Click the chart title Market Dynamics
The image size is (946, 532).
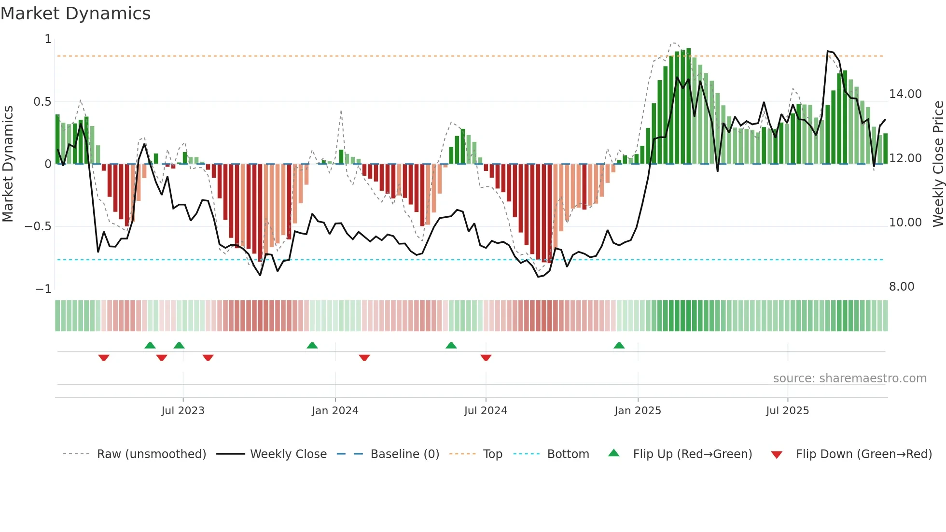click(75, 14)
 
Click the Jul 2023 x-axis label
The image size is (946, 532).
click(183, 411)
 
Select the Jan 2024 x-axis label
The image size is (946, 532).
click(335, 411)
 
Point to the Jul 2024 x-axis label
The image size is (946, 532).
click(486, 411)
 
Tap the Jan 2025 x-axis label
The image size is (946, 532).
click(638, 411)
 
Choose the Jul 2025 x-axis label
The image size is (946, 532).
click(787, 411)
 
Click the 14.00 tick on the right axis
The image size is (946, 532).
click(905, 94)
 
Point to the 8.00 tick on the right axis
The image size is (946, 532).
click(902, 287)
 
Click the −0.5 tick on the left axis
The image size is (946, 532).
click(38, 226)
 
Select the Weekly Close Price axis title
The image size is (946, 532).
click(938, 164)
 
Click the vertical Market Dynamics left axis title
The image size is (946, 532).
click(8, 164)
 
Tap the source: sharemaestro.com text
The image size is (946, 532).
click(849, 378)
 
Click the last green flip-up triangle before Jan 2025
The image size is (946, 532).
click(619, 346)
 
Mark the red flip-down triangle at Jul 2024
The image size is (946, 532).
click(486, 357)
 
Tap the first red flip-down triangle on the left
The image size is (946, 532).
click(104, 357)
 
